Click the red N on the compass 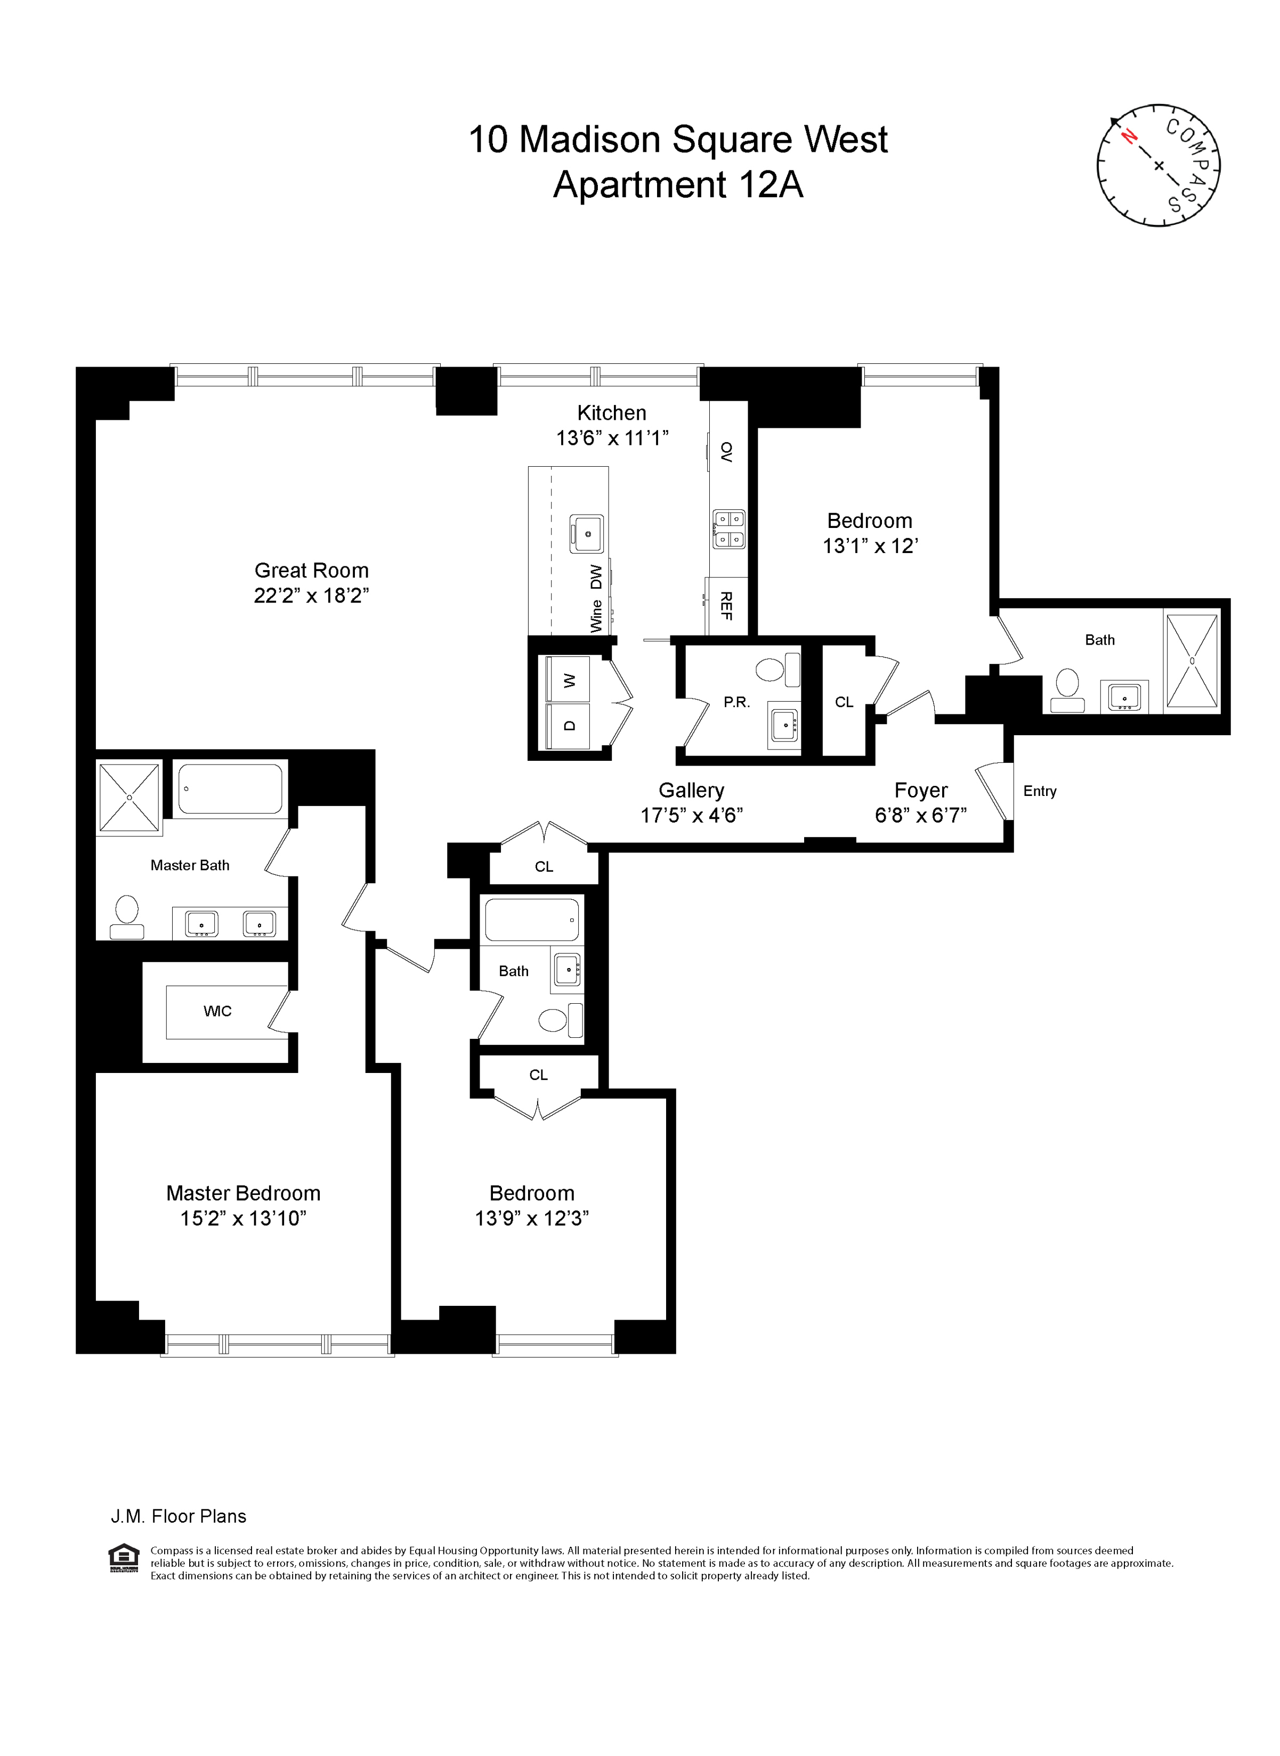click(x=1130, y=138)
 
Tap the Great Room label click(x=312, y=571)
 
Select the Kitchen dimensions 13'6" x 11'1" click(x=612, y=438)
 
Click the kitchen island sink click(x=587, y=534)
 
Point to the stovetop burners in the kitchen click(x=728, y=529)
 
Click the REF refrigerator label click(x=726, y=606)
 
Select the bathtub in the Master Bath click(x=229, y=788)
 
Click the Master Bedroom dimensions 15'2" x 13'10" click(x=244, y=1218)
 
